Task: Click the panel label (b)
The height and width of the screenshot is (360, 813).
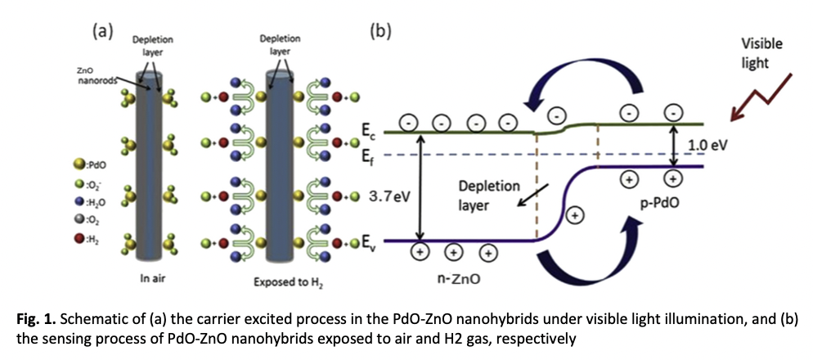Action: click(380, 32)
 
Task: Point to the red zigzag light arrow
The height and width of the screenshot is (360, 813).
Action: click(762, 97)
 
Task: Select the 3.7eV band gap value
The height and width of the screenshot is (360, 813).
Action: click(386, 197)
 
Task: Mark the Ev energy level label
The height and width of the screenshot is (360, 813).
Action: click(367, 241)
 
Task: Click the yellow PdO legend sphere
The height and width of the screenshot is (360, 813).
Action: click(79, 165)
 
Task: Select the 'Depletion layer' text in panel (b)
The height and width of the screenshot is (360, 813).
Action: click(481, 196)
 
